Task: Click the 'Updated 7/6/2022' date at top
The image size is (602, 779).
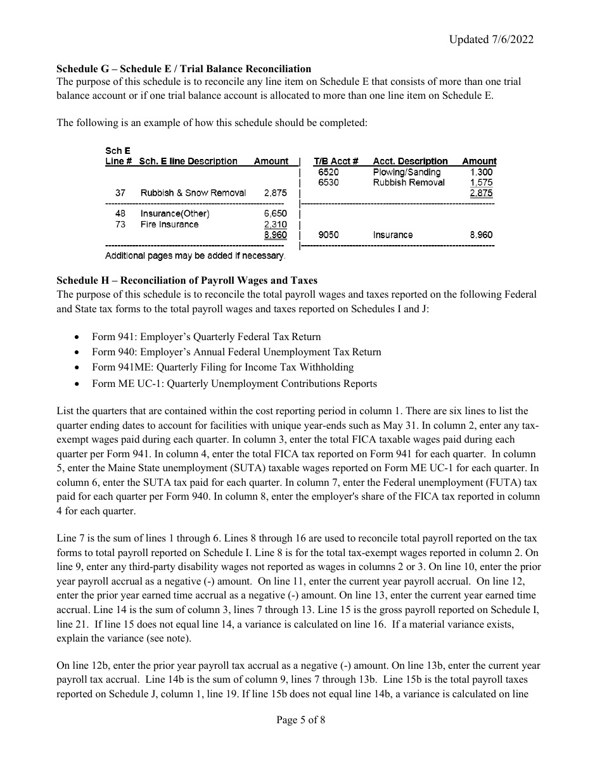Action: [491, 39]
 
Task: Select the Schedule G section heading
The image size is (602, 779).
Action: [184, 68]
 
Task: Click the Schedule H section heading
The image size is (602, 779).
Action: [187, 280]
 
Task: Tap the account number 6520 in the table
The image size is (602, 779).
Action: [328, 172]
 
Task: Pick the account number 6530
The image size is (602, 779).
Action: [328, 182]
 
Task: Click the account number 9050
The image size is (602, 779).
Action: [328, 235]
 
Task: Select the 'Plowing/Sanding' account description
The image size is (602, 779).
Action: [406, 172]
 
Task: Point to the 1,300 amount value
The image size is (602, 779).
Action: [481, 172]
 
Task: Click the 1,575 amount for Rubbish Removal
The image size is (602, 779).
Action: [481, 182]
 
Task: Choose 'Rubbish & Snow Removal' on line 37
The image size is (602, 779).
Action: [193, 193]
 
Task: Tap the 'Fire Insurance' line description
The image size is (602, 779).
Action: [169, 224]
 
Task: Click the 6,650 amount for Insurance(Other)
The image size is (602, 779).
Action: [275, 214]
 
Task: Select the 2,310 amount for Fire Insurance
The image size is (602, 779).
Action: [275, 224]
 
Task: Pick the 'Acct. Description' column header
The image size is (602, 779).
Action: [410, 161]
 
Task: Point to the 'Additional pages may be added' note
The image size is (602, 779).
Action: [195, 256]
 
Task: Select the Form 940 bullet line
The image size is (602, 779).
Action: [236, 352]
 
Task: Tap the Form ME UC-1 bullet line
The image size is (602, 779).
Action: [234, 384]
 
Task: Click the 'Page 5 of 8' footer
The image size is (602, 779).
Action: [301, 719]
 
